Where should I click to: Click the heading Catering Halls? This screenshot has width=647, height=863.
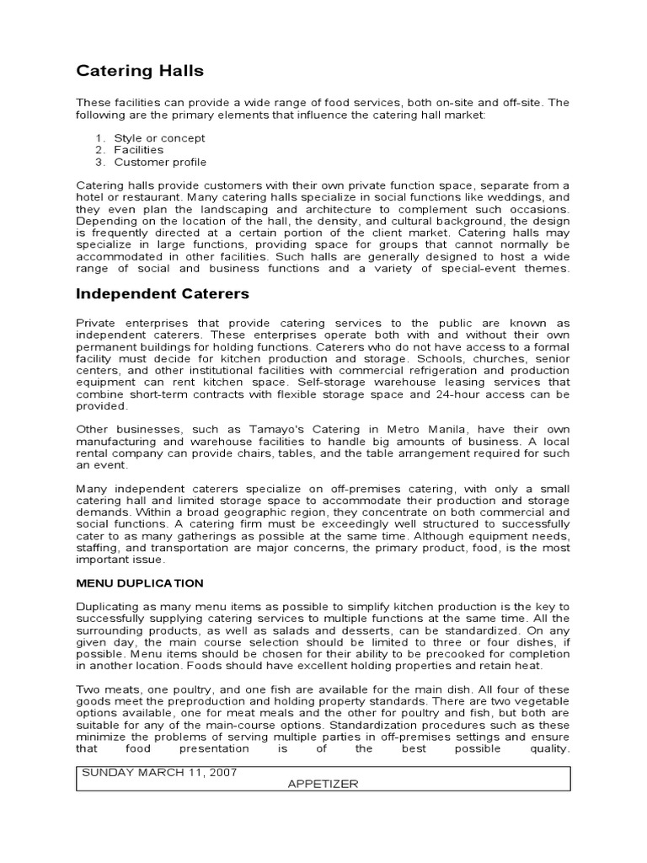[140, 71]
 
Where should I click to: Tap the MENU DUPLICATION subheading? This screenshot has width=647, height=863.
[140, 582]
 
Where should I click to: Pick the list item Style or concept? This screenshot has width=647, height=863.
[159, 138]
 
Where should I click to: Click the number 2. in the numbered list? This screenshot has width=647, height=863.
[99, 150]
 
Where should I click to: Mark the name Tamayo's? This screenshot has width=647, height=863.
[256, 429]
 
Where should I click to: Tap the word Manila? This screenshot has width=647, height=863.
[444, 429]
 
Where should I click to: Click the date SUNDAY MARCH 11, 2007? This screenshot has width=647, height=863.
[159, 772]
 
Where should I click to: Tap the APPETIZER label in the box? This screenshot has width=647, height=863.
[323, 784]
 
